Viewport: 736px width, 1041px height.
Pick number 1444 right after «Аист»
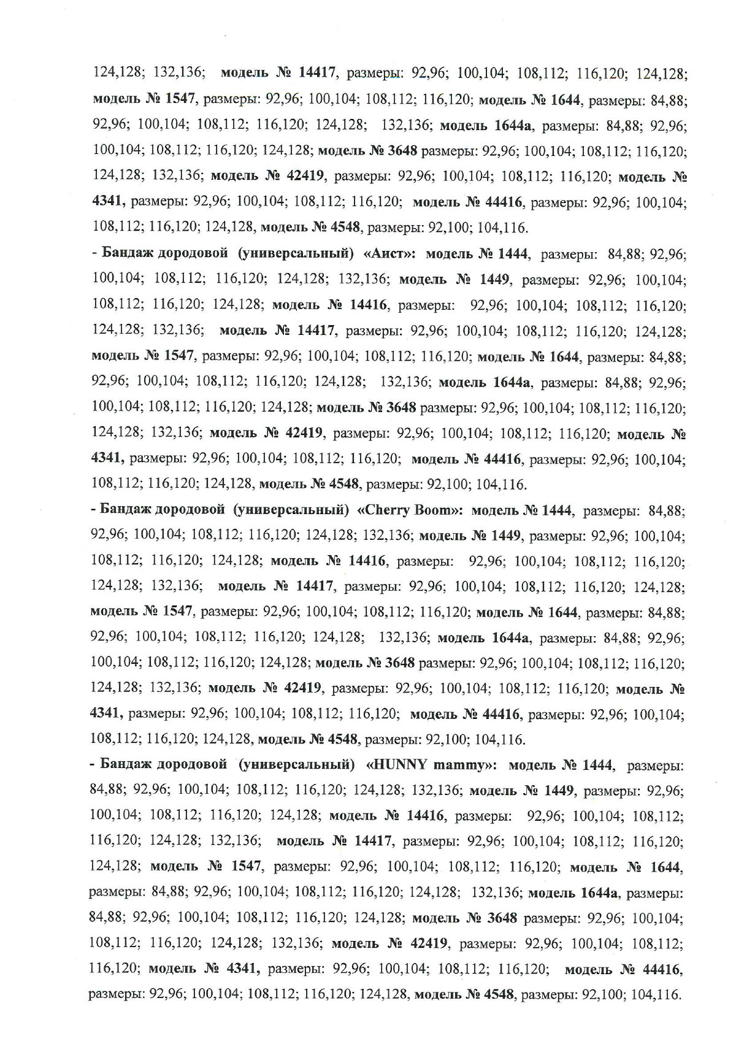[x=508, y=254]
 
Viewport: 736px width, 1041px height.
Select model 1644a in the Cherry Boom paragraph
[x=511, y=638]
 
